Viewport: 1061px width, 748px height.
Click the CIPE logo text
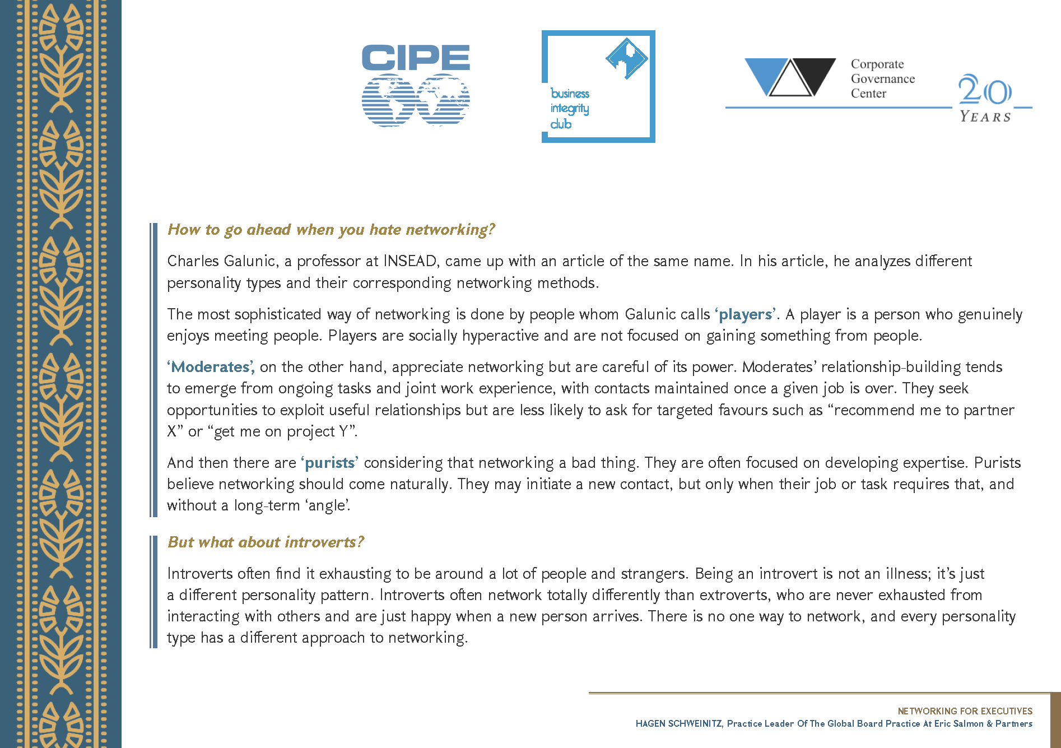[416, 58]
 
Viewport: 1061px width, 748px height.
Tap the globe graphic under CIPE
[416, 100]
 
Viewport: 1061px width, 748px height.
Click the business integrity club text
[570, 109]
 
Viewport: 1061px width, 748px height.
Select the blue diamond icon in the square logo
[626, 58]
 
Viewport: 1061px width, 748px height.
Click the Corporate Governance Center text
[882, 79]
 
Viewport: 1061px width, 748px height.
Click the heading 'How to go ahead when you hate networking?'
[331, 230]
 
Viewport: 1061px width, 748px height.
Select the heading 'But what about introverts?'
[266, 542]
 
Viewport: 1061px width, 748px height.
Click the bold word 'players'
[745, 314]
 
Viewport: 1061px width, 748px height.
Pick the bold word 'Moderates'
[210, 367]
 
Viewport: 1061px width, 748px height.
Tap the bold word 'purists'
[330, 463]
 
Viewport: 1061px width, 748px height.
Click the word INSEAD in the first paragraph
[409, 261]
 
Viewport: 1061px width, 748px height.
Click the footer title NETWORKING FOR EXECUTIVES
[965, 711]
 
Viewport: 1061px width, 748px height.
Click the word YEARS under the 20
[985, 117]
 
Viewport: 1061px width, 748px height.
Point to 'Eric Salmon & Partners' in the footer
[983, 724]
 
